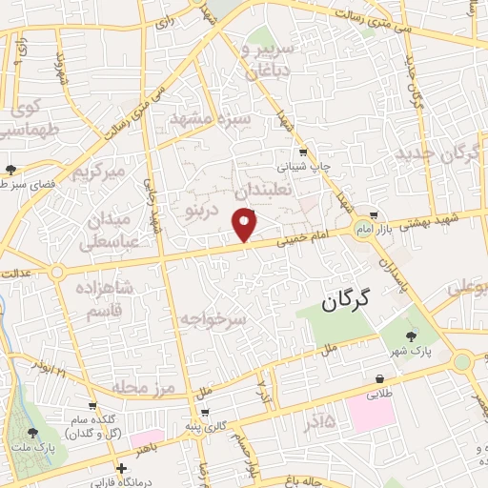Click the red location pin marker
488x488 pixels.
[246, 225]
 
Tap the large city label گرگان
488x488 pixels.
[345, 304]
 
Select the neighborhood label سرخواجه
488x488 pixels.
[213, 321]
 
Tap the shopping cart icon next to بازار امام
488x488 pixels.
[376, 214]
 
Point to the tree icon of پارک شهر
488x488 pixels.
[411, 335]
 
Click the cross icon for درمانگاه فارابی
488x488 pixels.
[121, 469]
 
